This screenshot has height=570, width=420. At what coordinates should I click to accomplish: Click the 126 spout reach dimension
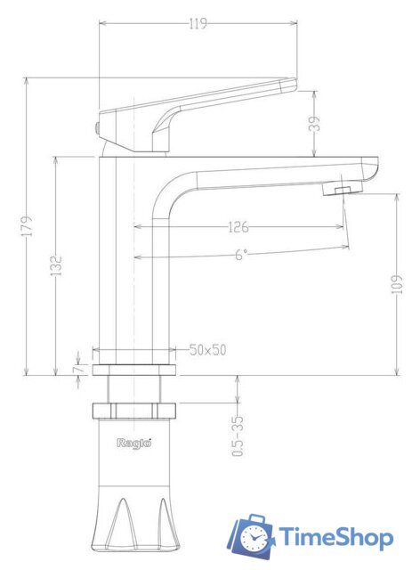coord(237,227)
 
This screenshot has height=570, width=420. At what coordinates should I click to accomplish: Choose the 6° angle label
coord(241,255)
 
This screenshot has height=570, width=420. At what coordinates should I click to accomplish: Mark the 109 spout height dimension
coord(396,282)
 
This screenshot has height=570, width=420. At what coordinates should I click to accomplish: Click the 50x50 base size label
coord(207,350)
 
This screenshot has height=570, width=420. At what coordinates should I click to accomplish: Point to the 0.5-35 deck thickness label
coord(238,437)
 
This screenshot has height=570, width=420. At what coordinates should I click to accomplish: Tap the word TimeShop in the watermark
coord(336,537)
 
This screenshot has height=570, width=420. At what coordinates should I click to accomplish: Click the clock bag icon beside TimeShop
coord(253,537)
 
